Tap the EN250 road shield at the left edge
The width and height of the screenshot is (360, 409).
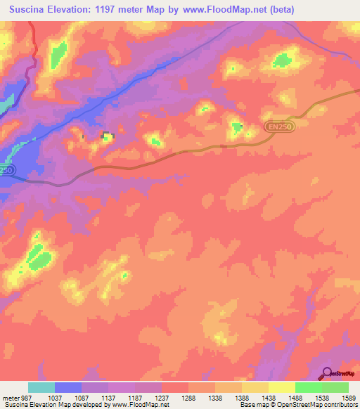tap(6, 170)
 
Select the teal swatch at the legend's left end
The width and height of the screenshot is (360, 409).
tap(41, 387)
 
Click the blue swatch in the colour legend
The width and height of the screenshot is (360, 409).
tap(68, 387)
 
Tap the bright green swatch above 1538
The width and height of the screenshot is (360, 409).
tap(308, 387)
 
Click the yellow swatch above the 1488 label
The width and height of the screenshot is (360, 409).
tap(281, 387)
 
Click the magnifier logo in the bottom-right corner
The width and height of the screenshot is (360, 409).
tap(327, 373)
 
